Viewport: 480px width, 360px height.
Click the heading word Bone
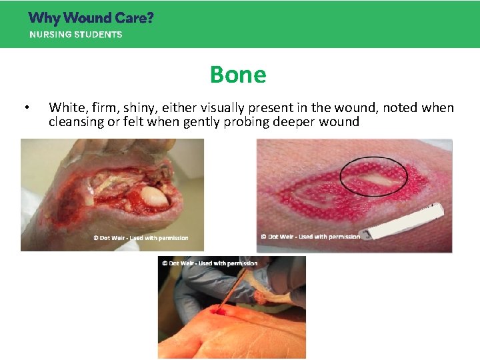(x=238, y=74)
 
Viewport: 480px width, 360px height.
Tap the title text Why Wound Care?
(x=91, y=17)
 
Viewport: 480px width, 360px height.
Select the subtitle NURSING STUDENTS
(x=75, y=35)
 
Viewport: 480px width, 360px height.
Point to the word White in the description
(x=65, y=107)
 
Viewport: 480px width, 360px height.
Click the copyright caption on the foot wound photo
(x=140, y=238)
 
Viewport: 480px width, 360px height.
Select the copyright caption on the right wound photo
(x=311, y=236)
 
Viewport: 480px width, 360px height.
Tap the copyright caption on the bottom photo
(x=209, y=263)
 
